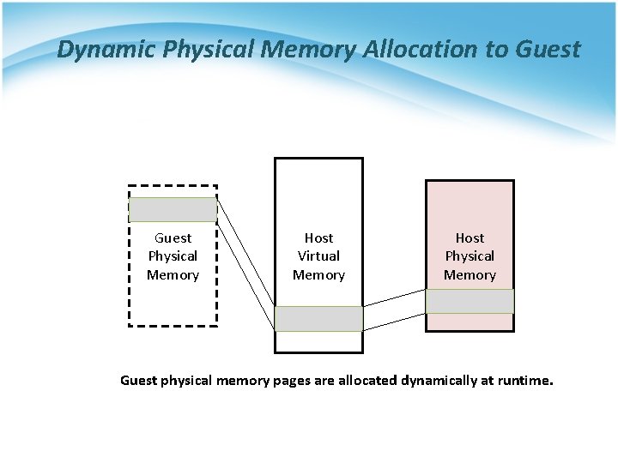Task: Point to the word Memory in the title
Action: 309,50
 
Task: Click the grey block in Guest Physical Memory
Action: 173,210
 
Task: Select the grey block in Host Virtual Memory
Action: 318,319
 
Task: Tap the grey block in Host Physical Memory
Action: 470,301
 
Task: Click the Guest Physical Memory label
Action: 173,256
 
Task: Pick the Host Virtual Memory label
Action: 318,256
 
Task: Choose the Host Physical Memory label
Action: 470,256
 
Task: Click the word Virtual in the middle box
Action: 318,256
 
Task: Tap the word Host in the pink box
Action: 470,238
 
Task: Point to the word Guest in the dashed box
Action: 173,238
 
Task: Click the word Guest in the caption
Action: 138,380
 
